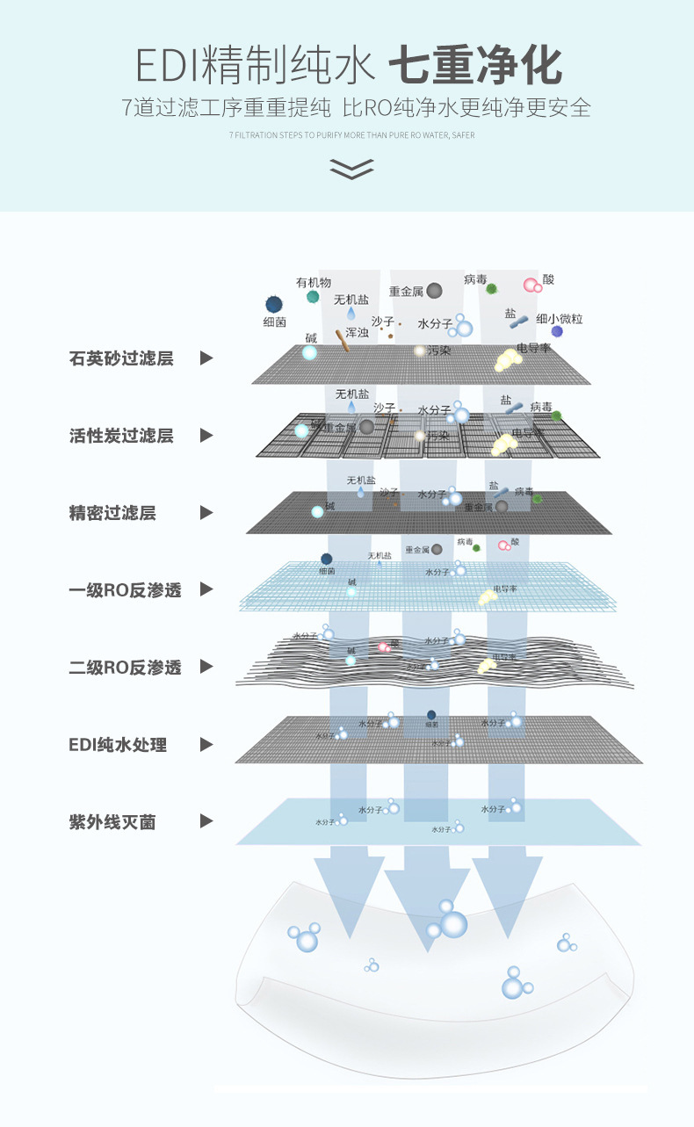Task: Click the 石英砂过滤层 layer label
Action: [121, 358]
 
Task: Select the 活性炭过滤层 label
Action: [121, 436]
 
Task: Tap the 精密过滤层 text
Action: [112, 513]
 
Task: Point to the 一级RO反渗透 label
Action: [125, 590]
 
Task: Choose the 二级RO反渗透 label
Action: [125, 668]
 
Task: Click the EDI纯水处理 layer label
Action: [118, 745]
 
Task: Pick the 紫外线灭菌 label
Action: [112, 822]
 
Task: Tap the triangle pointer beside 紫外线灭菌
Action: [206, 821]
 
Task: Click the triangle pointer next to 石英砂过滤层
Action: [206, 358]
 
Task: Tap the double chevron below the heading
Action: [351, 169]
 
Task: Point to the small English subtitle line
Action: [351, 135]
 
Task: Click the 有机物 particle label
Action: [314, 282]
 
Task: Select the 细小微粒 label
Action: [559, 319]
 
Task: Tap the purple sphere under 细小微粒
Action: [557, 332]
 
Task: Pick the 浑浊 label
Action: [357, 333]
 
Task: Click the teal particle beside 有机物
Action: [312, 297]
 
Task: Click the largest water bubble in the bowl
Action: [453, 923]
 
